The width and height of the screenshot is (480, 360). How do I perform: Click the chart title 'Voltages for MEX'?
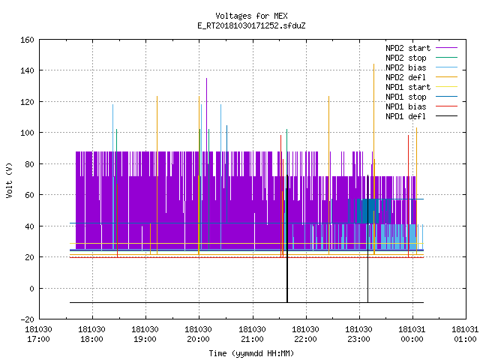251,16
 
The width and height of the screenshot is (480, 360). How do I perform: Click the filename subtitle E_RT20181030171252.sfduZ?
251,25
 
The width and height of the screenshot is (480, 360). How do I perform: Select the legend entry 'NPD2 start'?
408,48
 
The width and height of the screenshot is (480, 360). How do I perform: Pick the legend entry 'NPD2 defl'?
406,77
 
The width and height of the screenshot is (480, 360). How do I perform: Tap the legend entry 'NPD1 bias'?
406,106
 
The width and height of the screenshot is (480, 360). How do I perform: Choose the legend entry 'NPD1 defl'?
406,116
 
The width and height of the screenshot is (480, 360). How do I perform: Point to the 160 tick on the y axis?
27,40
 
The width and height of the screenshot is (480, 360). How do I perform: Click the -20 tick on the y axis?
27,319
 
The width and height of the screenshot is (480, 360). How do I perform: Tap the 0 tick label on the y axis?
31,288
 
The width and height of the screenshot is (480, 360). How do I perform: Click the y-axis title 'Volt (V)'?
9,180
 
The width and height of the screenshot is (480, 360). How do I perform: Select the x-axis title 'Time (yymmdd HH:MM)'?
251,353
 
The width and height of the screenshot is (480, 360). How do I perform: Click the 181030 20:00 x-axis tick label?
198,334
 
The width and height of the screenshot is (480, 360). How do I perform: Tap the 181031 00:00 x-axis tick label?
412,334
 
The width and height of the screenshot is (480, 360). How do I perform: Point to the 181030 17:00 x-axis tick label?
38,334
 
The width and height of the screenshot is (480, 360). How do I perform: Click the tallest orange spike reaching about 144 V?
373,159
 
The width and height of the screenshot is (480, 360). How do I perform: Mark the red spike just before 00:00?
408,196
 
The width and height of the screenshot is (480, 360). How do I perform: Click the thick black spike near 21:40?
287,238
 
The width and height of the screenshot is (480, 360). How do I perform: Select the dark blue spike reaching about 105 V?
226,174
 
